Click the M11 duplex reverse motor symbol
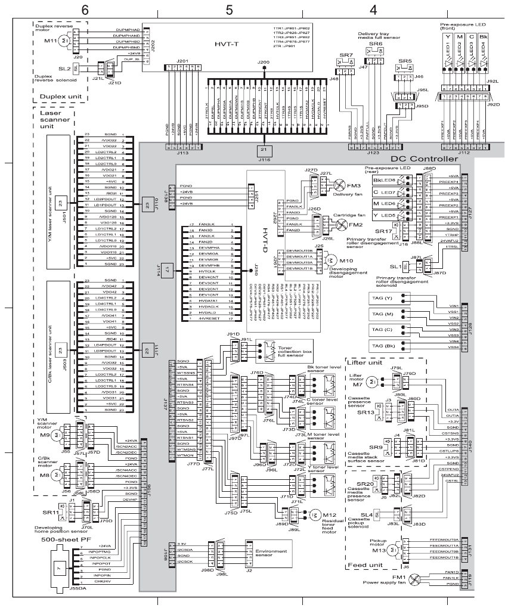pyautogui.click(x=66, y=41)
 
